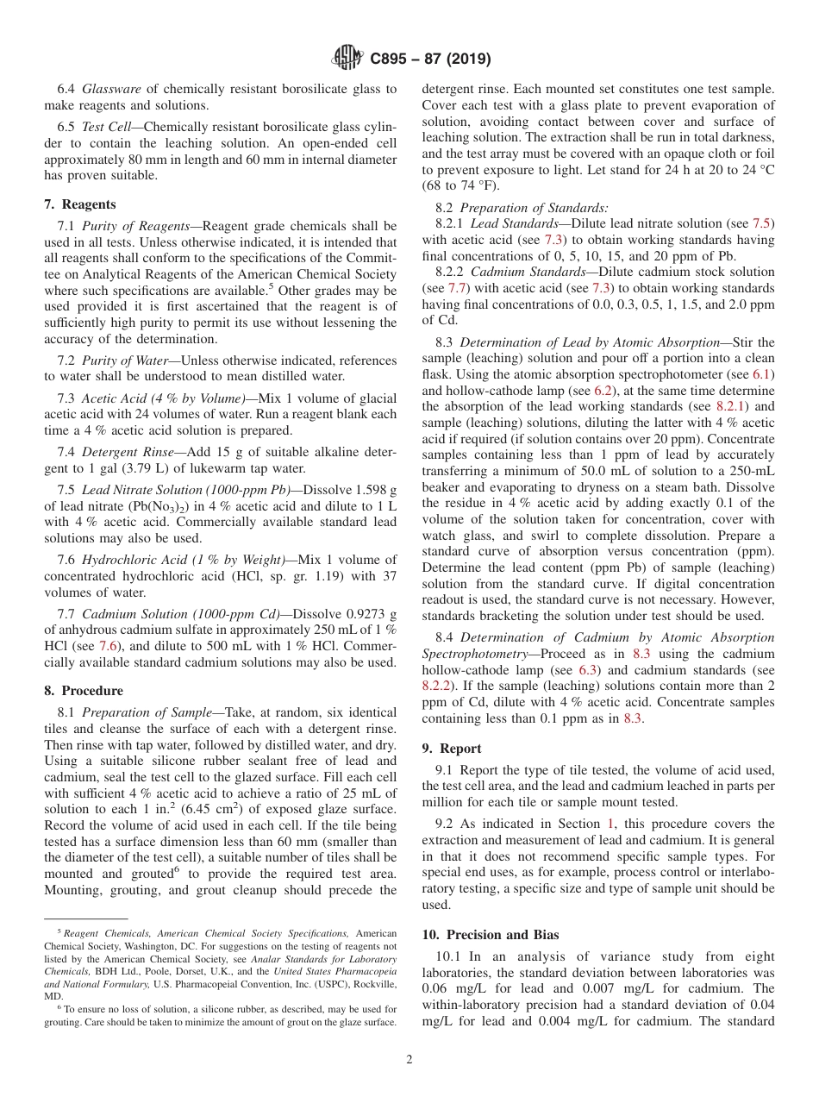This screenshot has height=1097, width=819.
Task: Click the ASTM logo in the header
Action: pyautogui.click(x=347, y=59)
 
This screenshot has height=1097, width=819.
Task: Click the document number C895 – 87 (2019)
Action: pyautogui.click(x=430, y=60)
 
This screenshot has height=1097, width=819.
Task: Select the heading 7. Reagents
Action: pyautogui.click(x=80, y=204)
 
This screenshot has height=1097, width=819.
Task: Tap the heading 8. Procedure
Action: pyautogui.click(x=84, y=691)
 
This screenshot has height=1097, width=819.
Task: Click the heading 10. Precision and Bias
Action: pyautogui.click(x=490, y=935)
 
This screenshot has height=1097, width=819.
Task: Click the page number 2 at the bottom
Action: pyautogui.click(x=409, y=1060)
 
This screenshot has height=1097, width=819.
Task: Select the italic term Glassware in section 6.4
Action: pyautogui.click(x=111, y=88)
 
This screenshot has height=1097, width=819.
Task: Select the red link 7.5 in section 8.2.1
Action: pyautogui.click(x=763, y=222)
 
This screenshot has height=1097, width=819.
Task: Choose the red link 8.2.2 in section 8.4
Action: pyautogui.click(x=437, y=686)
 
